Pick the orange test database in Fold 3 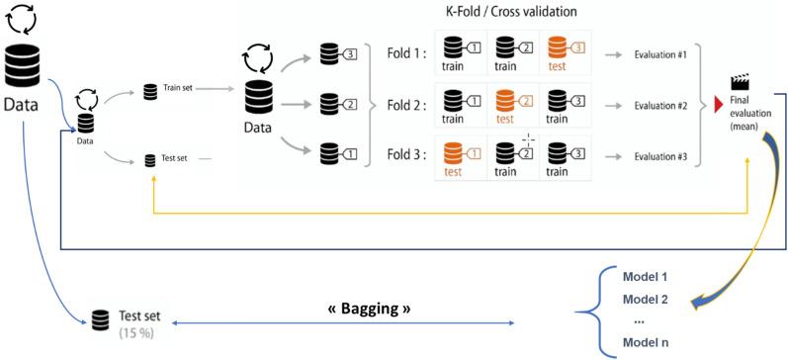click(451, 153)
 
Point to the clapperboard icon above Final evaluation click(739, 83)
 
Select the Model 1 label click(646, 275)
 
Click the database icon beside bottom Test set click(99, 320)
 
